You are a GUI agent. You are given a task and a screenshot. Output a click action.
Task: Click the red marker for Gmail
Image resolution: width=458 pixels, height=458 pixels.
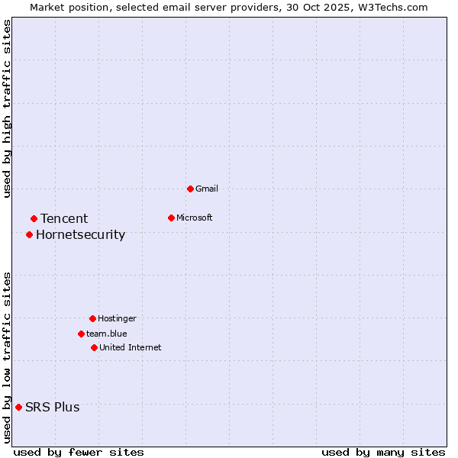pos(190,189)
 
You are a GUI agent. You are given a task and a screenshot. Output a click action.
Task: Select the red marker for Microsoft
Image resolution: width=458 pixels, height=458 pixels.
pos(171,218)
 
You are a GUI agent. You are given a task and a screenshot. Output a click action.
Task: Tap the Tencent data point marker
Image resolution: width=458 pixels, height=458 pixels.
pos(34,219)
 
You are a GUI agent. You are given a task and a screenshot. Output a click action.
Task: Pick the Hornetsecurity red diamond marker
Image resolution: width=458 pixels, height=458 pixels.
pos(29,234)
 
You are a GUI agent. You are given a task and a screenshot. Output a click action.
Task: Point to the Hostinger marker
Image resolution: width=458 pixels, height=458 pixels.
pos(92,318)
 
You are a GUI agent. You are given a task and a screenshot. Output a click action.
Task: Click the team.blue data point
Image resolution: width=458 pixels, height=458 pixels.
pos(81,334)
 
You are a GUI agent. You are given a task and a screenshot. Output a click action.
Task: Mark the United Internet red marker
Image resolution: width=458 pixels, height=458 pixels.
pos(94,347)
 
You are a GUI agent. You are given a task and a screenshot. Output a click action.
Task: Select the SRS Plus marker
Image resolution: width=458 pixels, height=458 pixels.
pos(18,407)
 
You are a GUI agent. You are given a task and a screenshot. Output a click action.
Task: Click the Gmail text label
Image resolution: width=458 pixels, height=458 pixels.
pos(207,189)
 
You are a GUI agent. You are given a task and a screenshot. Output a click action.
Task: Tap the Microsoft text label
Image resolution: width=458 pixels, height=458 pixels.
pos(194,218)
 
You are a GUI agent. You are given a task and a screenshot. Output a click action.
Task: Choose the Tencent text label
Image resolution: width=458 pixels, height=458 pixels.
pos(64,219)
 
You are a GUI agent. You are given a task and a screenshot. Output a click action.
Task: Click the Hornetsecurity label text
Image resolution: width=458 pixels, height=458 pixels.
pos(80,234)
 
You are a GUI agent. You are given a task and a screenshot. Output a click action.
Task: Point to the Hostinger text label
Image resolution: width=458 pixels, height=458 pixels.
pos(117,318)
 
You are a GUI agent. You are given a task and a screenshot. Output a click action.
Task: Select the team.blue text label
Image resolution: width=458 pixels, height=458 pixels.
pos(106,334)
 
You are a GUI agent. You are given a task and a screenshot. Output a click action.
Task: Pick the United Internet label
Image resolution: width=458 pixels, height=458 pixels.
pos(130,347)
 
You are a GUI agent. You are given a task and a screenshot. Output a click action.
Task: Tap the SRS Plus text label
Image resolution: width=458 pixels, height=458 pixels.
pos(52,407)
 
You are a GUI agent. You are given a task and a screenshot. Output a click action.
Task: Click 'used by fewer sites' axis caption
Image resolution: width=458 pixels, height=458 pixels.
pos(79,452)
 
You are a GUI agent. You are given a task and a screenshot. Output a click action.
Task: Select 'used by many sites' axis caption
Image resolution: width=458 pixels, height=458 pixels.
pos(382,452)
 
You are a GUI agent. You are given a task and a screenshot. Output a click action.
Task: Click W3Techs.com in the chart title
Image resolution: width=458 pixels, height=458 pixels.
pos(392,7)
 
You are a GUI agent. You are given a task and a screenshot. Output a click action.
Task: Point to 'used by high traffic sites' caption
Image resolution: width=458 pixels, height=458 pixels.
pos(7,108)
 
